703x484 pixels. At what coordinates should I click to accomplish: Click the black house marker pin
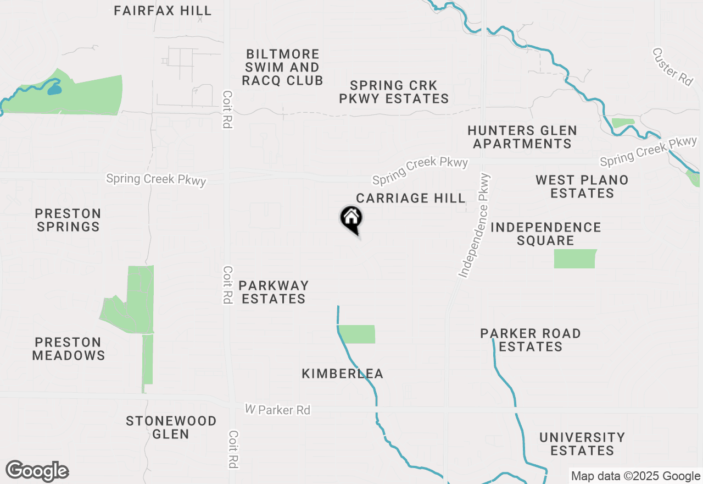(x=351, y=219)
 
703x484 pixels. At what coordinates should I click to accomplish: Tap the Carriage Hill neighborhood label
(x=411, y=198)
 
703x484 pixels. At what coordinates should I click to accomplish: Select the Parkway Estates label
(x=274, y=292)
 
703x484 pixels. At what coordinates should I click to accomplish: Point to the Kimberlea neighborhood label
(x=343, y=374)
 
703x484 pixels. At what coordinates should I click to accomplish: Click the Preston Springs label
(x=68, y=220)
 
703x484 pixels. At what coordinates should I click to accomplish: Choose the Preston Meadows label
(x=69, y=349)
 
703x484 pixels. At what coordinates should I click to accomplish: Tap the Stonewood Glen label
(x=171, y=427)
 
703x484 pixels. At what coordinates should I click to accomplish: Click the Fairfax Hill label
(x=163, y=10)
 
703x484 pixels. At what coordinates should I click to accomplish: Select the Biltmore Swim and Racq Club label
(x=283, y=67)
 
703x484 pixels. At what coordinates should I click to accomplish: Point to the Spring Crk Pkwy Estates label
(x=394, y=92)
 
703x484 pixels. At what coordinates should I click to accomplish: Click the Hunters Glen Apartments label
(x=522, y=137)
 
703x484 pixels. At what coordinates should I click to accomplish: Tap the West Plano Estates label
(x=582, y=186)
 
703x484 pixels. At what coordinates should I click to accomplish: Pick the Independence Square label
(x=546, y=234)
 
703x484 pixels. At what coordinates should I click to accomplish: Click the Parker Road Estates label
(x=531, y=340)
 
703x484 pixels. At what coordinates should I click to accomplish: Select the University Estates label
(x=582, y=444)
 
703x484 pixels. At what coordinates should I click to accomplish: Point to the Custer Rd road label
(x=673, y=67)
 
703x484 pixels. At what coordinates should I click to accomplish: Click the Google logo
(x=37, y=471)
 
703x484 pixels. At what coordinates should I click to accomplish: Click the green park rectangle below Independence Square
(x=574, y=258)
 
